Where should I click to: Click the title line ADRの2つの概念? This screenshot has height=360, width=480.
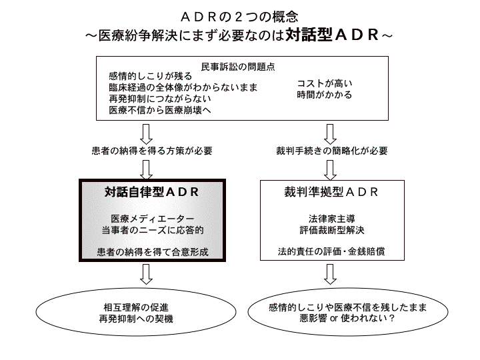point(239,15)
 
